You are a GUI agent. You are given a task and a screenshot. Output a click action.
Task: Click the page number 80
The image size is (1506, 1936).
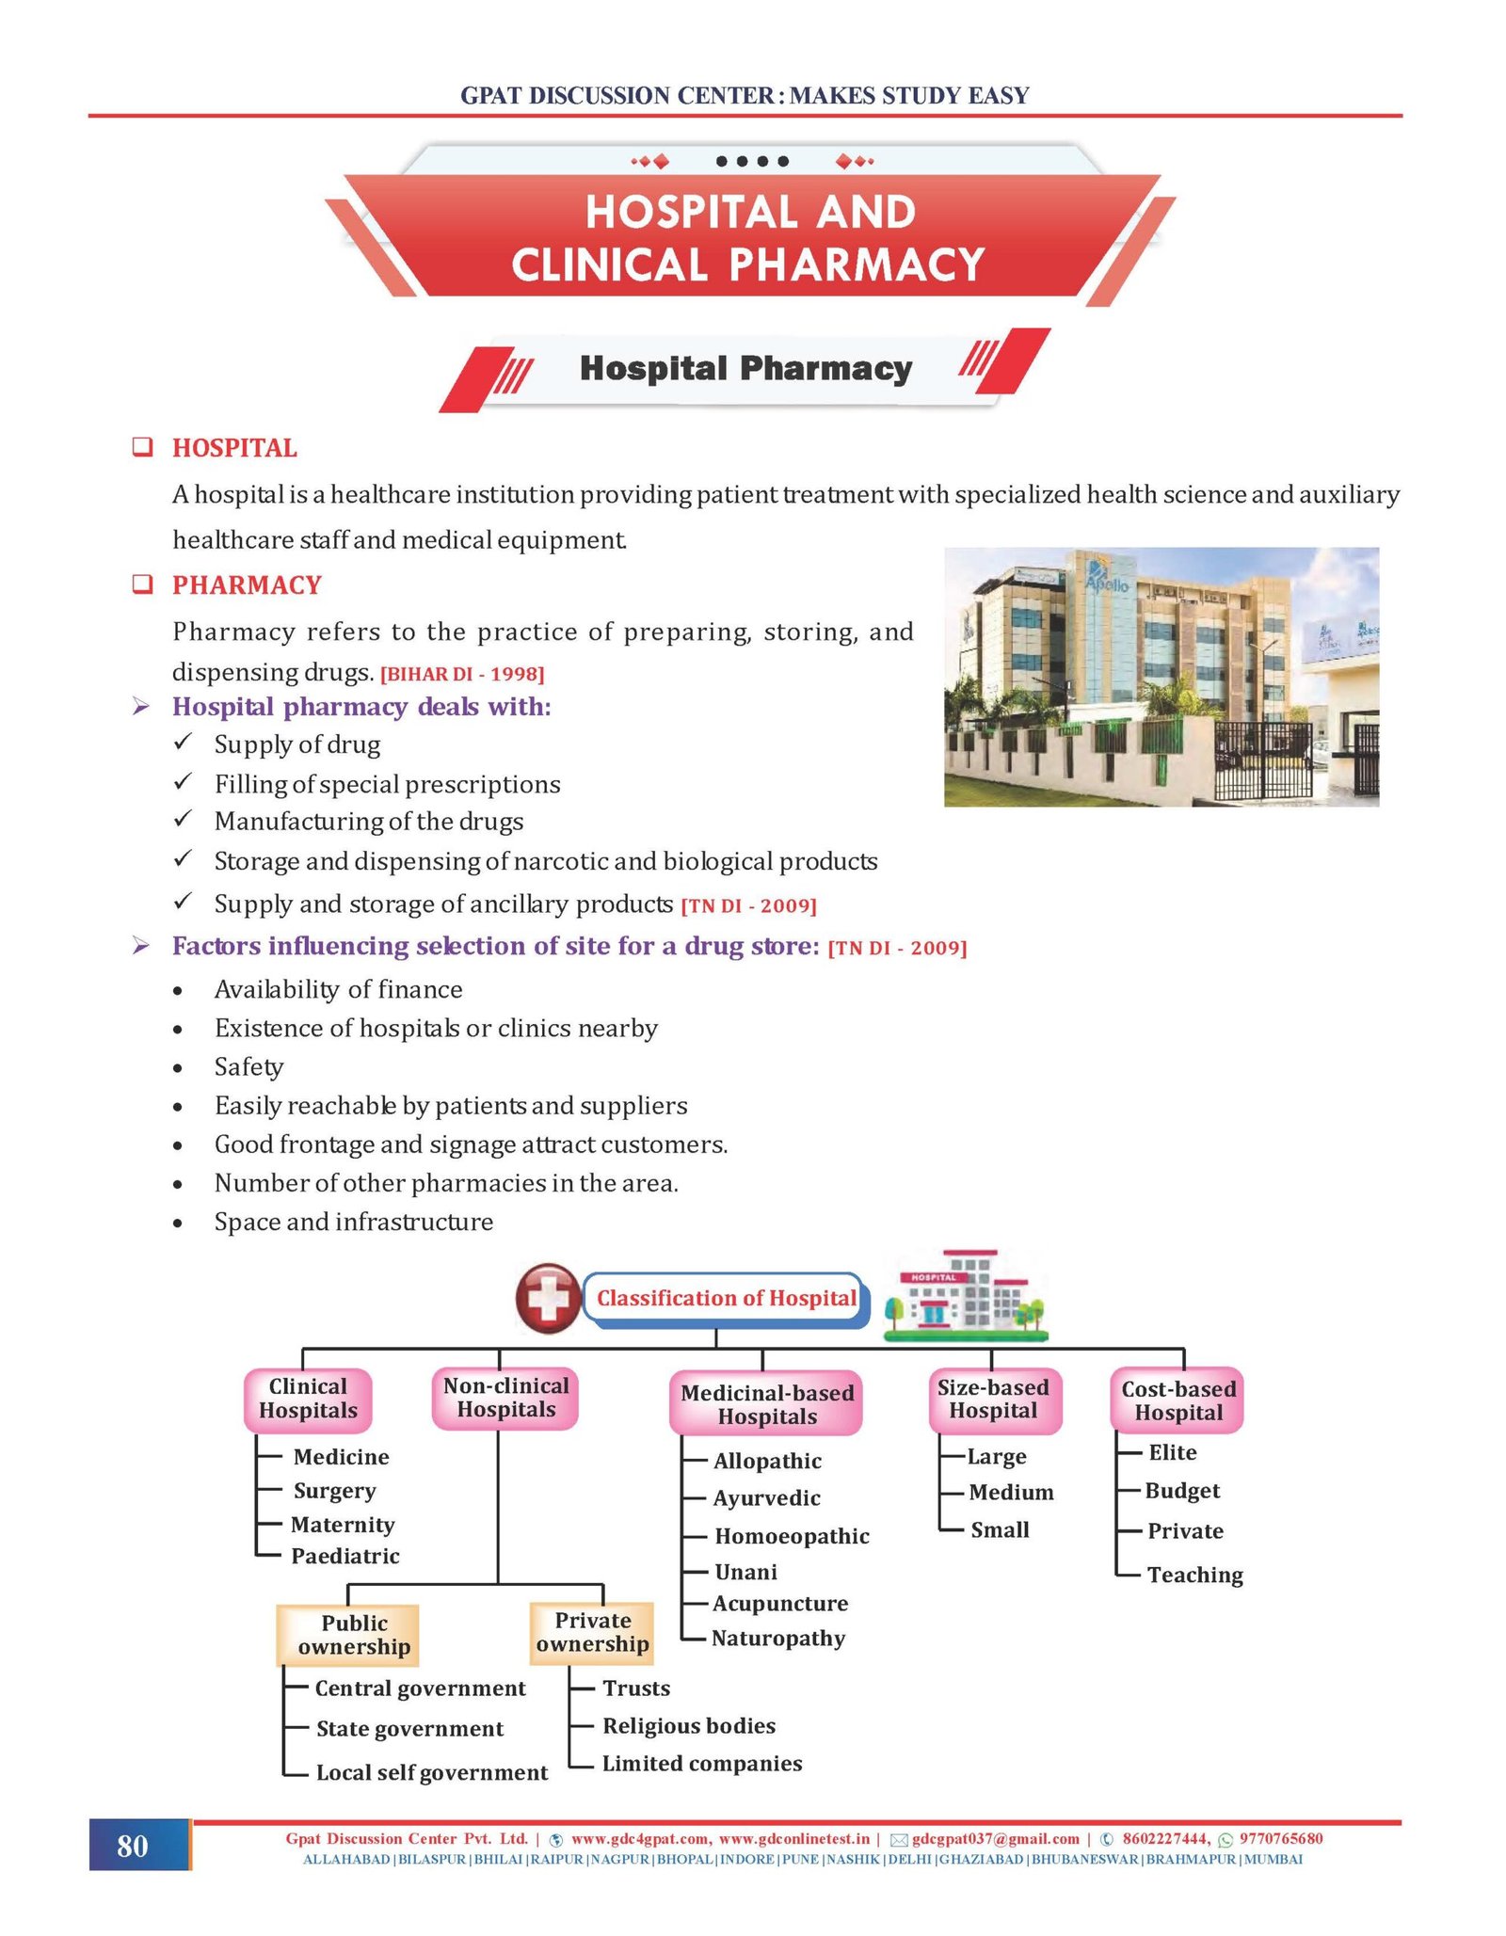(133, 1846)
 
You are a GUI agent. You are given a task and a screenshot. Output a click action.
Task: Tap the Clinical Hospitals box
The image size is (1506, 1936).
(309, 1399)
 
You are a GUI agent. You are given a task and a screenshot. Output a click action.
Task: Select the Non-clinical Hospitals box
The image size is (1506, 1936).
(505, 1398)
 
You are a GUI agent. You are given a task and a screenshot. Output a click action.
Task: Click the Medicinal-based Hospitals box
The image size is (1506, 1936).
(766, 1404)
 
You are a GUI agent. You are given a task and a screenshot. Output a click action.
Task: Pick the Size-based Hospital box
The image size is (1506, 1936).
(993, 1399)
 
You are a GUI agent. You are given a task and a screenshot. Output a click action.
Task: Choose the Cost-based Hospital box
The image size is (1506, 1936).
(1178, 1400)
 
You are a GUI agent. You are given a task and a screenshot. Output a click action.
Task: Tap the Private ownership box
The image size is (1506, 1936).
(592, 1632)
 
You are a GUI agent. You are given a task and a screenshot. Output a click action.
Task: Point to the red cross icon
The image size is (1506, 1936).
(548, 1298)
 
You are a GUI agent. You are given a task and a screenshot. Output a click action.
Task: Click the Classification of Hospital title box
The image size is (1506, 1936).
(726, 1298)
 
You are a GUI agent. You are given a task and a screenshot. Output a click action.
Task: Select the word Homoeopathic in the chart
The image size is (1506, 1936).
(792, 1536)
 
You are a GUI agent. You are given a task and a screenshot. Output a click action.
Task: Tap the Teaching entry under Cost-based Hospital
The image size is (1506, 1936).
(1194, 1575)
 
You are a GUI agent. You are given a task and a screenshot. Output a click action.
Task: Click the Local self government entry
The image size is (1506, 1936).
(431, 1772)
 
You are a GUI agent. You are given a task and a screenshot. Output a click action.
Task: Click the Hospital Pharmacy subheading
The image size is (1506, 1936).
(745, 368)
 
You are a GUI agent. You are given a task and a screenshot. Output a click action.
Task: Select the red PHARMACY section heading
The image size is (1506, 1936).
(247, 585)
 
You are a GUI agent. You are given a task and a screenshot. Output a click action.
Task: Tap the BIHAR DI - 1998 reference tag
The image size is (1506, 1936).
(462, 674)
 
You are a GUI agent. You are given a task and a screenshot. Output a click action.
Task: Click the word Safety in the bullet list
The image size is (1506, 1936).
(248, 1066)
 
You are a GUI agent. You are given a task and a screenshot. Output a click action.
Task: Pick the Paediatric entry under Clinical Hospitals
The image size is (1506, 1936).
(345, 1556)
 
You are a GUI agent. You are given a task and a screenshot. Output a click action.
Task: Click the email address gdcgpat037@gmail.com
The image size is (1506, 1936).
(995, 1838)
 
